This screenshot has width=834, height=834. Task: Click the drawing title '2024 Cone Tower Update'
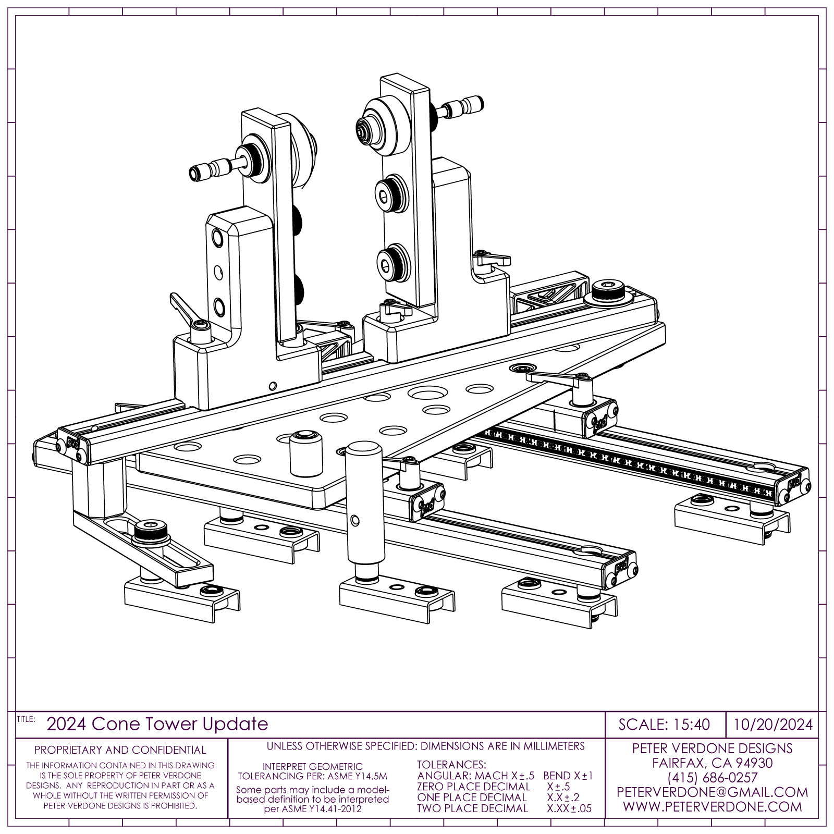coord(157,724)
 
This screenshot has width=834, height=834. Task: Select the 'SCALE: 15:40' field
coord(664,725)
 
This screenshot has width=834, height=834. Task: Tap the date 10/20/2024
coord(773,725)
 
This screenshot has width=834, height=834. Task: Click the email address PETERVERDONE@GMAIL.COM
coord(712,792)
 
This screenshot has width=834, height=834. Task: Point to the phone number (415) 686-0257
coord(712,778)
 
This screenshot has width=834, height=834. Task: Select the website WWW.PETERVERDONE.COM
coord(712,807)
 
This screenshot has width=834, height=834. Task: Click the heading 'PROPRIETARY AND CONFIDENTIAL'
coord(120,750)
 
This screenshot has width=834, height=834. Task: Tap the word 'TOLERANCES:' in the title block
coord(451,765)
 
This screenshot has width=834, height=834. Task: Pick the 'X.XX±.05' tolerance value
coord(569,808)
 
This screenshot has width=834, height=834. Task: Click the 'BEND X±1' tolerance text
coord(568,776)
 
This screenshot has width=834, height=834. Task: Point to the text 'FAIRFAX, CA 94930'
coord(712,763)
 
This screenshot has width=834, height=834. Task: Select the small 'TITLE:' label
coord(26,719)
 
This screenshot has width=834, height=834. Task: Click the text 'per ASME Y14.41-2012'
coord(312,809)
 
